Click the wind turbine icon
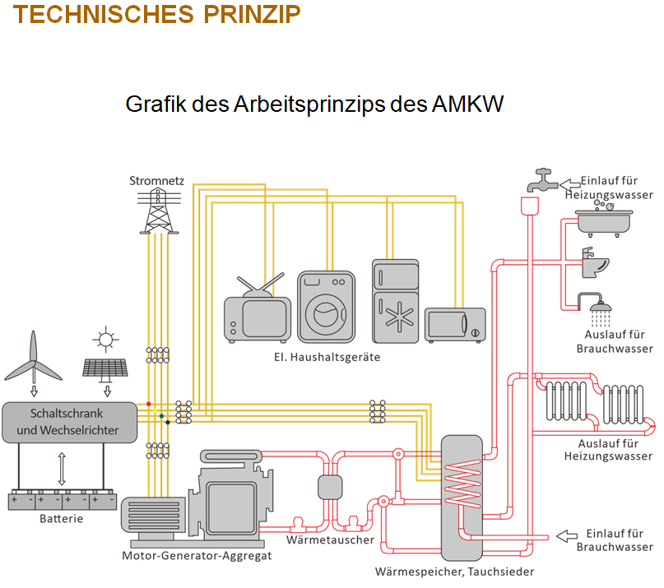click(34, 354)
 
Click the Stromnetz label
click(156, 180)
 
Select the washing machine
click(326, 307)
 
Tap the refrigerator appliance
click(396, 302)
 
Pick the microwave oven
click(454, 325)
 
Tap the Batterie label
click(62, 519)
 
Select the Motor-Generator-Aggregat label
click(197, 555)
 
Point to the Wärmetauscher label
click(330, 540)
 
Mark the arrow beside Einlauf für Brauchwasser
click(567, 536)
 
